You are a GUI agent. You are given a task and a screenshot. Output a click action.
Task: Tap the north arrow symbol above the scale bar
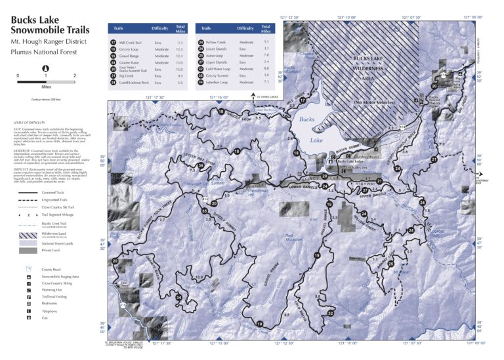coord(45,68)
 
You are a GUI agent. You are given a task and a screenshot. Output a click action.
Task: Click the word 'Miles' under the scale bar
coord(45,85)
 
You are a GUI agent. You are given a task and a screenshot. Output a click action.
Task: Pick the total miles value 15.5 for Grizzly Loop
coord(180,49)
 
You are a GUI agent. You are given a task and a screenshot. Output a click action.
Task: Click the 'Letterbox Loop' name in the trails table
coord(219,83)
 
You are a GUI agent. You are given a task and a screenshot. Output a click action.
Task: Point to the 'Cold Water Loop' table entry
coord(219,69)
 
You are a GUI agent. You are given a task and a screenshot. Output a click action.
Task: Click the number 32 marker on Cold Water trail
coord(331,313)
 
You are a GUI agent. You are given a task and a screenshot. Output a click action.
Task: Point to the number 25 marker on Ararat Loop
coord(390,264)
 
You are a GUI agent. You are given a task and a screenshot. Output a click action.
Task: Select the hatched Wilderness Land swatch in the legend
coord(28,233)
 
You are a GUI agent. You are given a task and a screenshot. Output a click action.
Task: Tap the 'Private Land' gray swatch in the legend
coord(28,250)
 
